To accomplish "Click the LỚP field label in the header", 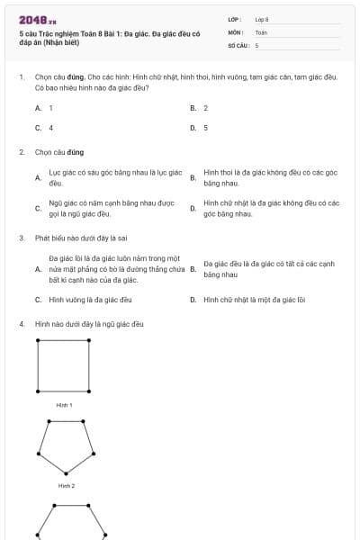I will click(235, 19).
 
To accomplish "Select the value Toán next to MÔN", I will click(261, 31).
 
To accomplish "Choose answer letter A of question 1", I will click(38, 108).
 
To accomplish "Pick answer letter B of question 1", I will click(193, 108).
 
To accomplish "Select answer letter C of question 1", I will click(38, 128).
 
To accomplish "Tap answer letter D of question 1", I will click(193, 128).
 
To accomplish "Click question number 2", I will click(22, 152).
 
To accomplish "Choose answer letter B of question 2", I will click(193, 177).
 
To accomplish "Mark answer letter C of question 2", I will click(38, 208).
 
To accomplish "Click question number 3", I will click(22, 238).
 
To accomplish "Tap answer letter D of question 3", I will click(193, 299).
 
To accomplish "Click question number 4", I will click(22, 323).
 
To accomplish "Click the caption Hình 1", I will click(64, 405).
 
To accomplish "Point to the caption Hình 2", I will click(66, 485).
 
